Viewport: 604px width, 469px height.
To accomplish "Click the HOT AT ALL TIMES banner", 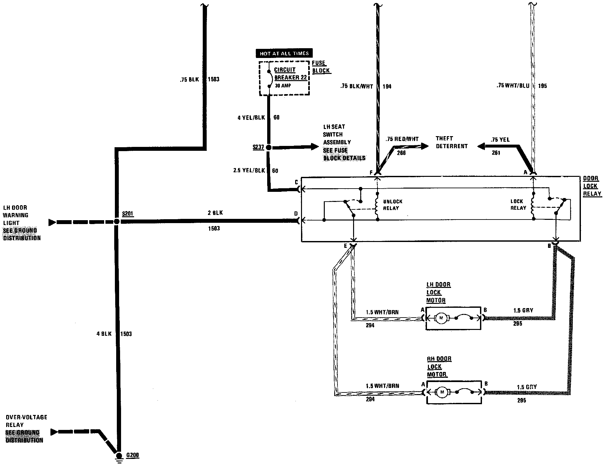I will pos(284,53).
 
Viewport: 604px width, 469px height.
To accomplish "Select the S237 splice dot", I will pos(268,148).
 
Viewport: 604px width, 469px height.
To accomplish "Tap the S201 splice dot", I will pos(117,221).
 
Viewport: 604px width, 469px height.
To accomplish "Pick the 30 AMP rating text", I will pos(283,86).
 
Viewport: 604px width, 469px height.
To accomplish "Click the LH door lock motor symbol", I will pos(442,318).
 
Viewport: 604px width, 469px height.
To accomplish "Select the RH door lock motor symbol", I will pos(442,392).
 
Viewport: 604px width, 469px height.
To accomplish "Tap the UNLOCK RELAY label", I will pos(392,205).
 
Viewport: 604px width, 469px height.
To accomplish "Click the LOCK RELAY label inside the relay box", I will pos(518,205).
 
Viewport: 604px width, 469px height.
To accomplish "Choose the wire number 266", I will pos(401,153).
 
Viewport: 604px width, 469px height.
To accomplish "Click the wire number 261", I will pos(496,153).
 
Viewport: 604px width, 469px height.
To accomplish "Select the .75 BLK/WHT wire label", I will pos(356,86).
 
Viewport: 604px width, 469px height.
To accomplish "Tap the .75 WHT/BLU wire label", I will pos(513,86).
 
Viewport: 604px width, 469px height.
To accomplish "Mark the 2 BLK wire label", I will pos(215,213).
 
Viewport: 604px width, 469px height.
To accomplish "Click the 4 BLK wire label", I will pos(104,334).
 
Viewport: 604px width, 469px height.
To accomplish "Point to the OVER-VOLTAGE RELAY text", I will pos(26,421).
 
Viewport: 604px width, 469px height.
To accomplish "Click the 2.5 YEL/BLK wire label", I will pos(249,170).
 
